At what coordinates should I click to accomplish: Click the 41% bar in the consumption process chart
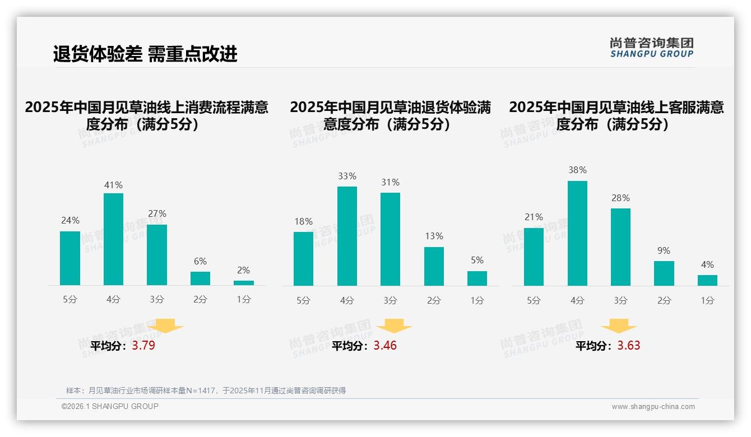tap(113, 239)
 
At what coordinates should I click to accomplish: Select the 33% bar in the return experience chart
tap(347, 236)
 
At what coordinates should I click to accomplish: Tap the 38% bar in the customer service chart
tap(577, 233)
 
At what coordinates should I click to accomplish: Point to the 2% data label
tap(243, 270)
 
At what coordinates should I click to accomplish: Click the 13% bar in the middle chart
tap(434, 266)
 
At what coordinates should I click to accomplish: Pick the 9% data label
tap(664, 250)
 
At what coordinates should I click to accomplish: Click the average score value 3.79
tap(143, 345)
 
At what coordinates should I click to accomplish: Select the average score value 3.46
tap(385, 345)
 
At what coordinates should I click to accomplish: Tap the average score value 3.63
tap(628, 345)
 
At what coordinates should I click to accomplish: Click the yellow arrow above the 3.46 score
tap(394, 326)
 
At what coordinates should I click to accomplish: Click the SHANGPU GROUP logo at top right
tap(651, 48)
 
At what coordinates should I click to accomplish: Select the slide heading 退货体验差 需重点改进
tap(145, 54)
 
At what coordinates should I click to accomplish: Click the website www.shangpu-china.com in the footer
tap(653, 407)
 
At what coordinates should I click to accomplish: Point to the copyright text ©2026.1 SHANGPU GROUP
tap(110, 406)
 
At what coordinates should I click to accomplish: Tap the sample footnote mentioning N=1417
tap(206, 390)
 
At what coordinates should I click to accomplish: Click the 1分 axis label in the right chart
tap(707, 300)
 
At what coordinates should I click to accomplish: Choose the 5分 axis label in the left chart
tap(70, 300)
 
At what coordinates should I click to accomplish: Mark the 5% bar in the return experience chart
tap(477, 278)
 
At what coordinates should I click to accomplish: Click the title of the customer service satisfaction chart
tap(616, 115)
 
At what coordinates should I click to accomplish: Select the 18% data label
tap(303, 221)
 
